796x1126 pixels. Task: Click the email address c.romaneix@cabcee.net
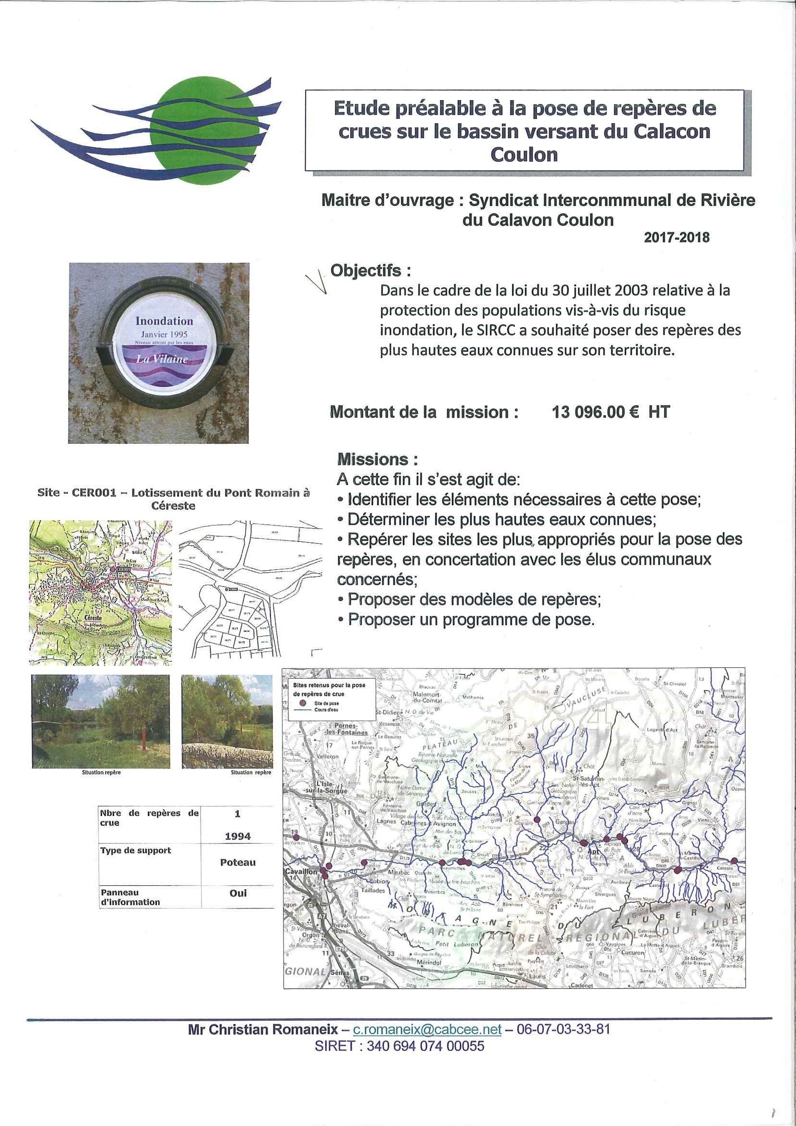427,1029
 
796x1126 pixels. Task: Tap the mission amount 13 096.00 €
595,412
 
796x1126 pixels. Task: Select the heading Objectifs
370,270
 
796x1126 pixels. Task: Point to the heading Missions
377,460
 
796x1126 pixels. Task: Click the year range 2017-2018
676,237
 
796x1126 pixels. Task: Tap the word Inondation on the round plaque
164,321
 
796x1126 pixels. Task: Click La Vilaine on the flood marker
162,359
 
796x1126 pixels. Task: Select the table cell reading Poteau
237,863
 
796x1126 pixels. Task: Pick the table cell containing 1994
237,837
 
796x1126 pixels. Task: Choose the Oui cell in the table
237,893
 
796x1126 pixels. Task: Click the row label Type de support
136,851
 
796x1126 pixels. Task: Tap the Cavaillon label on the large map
301,872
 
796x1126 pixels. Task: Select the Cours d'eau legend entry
326,710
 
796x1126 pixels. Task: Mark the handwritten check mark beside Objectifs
316,282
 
